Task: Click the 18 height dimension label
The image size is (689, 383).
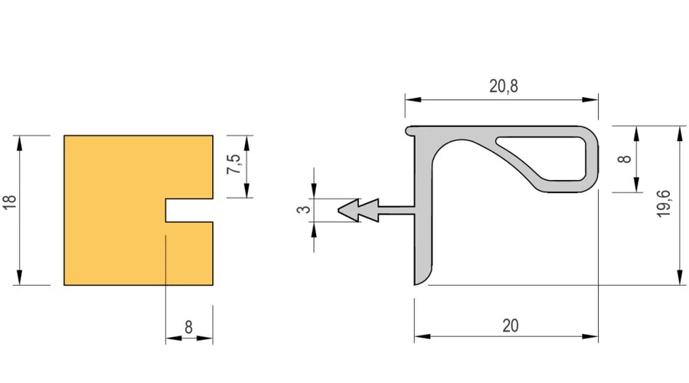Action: (x=10, y=201)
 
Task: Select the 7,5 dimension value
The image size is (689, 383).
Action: (x=233, y=164)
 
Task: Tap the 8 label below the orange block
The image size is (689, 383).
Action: (x=188, y=327)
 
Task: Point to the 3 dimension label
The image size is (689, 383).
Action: (x=304, y=209)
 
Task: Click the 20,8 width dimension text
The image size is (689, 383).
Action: (x=504, y=86)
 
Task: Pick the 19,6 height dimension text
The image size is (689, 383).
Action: (x=664, y=203)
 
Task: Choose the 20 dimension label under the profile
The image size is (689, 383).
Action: (x=510, y=326)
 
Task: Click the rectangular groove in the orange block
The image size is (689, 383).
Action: (x=189, y=210)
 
